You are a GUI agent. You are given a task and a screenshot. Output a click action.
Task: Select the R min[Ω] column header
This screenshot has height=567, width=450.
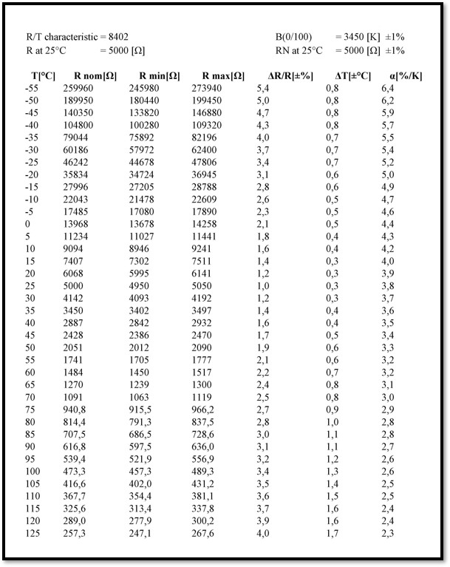(x=159, y=75)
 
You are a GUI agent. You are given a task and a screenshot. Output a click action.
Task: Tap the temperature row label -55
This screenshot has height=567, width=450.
(x=33, y=88)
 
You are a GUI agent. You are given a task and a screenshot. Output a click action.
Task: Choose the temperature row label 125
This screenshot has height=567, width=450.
(x=33, y=533)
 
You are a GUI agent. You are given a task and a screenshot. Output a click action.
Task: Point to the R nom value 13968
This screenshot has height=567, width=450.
(x=77, y=224)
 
